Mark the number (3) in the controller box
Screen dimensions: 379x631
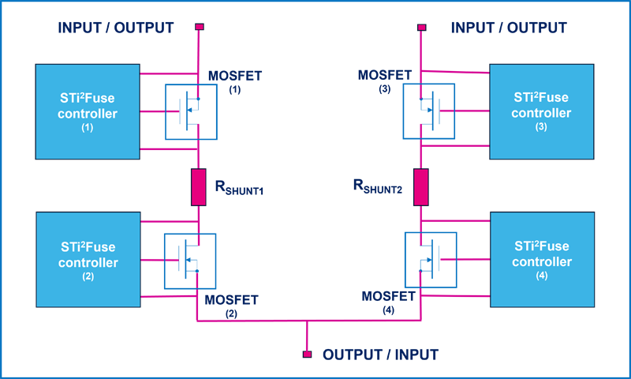coord(541,126)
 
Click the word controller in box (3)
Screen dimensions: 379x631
coord(541,112)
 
